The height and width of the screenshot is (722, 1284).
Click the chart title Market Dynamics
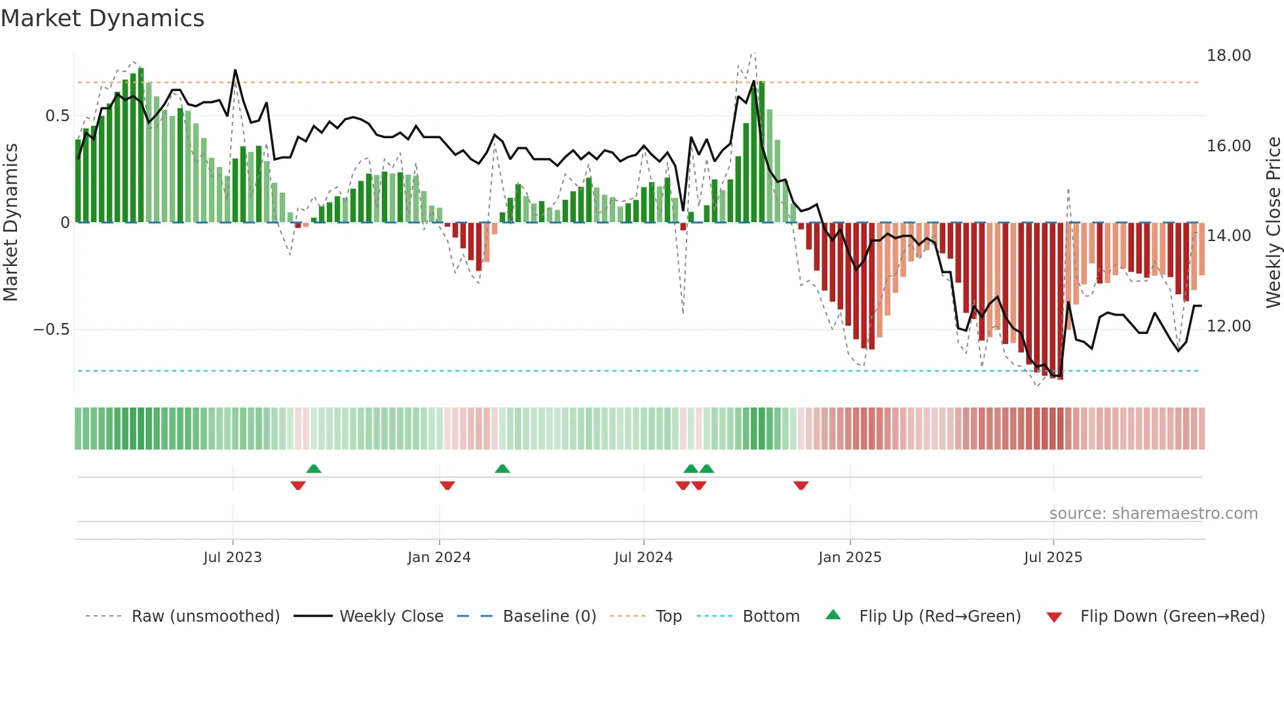pyautogui.click(x=102, y=18)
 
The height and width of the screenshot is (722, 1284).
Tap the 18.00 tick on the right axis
pyautogui.click(x=1228, y=56)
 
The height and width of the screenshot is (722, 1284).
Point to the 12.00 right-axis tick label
pyautogui.click(x=1228, y=326)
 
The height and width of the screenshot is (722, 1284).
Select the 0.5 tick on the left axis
pyautogui.click(x=58, y=116)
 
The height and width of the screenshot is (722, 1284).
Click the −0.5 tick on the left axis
pyautogui.click(x=52, y=330)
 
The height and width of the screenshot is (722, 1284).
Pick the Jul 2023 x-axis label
pyautogui.click(x=233, y=558)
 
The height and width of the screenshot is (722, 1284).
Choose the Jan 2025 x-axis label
pyautogui.click(x=850, y=558)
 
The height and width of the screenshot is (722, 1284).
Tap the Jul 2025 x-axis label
pyautogui.click(x=1053, y=558)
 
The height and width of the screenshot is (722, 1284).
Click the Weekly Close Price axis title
pyautogui.click(x=1273, y=223)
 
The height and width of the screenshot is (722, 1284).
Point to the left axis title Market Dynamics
pyautogui.click(x=10, y=223)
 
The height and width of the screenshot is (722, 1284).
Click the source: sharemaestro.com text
pyautogui.click(x=1153, y=514)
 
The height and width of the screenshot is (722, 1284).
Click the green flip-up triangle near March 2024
pyautogui.click(x=502, y=469)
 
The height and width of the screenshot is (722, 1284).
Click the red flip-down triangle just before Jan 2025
pyautogui.click(x=801, y=485)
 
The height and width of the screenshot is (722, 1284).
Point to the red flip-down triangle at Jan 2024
pyautogui.click(x=447, y=485)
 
